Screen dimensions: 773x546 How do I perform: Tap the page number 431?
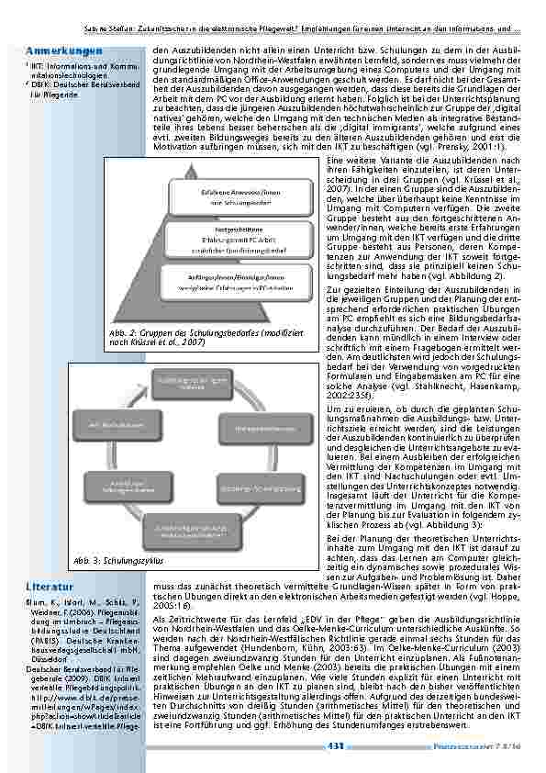pos(336,747)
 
